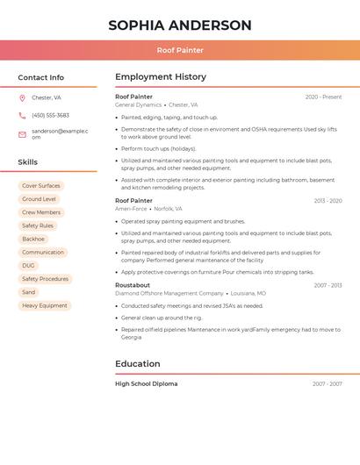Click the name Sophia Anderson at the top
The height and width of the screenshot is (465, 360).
point(180,25)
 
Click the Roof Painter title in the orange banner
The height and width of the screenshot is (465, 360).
point(180,50)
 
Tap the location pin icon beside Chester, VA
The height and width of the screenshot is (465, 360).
point(22,98)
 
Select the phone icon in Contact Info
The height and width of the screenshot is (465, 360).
point(22,116)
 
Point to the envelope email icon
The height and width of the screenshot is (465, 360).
point(22,134)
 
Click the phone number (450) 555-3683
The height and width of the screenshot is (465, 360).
point(50,116)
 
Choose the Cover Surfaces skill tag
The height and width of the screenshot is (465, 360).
point(41,186)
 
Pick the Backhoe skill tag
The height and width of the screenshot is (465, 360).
point(33,239)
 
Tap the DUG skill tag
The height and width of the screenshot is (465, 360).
point(29,265)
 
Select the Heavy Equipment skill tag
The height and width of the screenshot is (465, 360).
point(45,305)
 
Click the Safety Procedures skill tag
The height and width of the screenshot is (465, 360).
point(45,279)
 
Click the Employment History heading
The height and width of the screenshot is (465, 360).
point(161,77)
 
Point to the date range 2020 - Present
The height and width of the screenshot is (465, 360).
point(323,97)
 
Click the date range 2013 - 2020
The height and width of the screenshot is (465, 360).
point(328,201)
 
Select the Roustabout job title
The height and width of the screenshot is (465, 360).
point(133,285)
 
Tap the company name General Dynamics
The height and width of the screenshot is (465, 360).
point(138,105)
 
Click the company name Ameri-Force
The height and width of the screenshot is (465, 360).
point(131,209)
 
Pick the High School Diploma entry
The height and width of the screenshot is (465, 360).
point(146,384)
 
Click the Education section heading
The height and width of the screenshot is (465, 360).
point(138,364)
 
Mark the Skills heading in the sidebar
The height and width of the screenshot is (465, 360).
point(28,162)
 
